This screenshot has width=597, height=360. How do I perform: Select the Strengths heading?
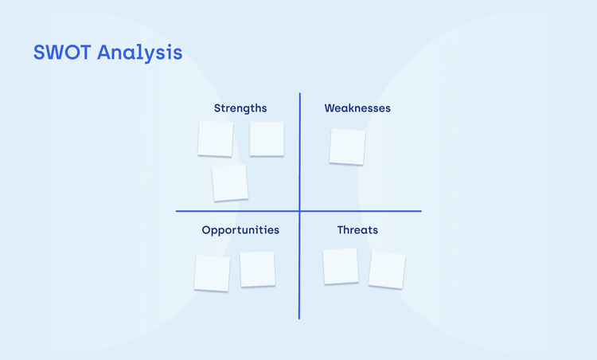(240, 108)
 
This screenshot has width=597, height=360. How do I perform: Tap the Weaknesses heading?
(357, 108)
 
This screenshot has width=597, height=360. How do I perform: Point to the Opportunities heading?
(240, 230)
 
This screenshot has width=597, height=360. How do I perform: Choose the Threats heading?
(357, 230)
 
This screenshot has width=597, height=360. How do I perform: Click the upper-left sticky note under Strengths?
(215, 139)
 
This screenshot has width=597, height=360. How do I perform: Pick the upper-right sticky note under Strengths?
(267, 139)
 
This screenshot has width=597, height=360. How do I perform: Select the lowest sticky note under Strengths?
(230, 183)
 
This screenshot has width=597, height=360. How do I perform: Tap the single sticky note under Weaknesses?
(347, 147)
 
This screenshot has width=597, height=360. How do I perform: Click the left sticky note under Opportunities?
(212, 273)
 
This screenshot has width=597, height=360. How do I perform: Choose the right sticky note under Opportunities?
(257, 269)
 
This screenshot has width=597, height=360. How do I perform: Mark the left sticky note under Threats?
(341, 266)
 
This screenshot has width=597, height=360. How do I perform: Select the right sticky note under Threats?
(387, 270)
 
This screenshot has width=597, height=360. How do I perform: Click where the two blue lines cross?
(300, 211)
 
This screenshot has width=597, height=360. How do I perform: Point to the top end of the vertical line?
(300, 94)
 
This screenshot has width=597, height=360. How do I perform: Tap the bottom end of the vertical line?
(299, 318)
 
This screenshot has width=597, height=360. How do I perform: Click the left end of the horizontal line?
(177, 211)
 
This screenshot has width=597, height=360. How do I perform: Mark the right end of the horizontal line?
(420, 211)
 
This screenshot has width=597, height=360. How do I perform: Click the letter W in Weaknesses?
(330, 108)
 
